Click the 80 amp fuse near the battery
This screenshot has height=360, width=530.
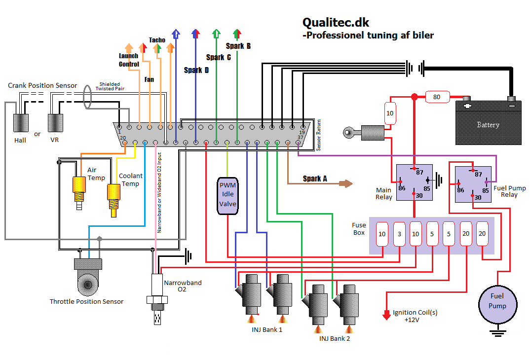436,97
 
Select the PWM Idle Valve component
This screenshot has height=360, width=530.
228,196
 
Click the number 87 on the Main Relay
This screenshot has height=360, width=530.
420,172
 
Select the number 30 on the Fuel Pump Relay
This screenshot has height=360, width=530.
478,197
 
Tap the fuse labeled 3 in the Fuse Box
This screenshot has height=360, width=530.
399,234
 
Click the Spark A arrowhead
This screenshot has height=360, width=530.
348,184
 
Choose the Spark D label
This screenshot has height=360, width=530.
196,70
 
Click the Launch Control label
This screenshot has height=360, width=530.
129,60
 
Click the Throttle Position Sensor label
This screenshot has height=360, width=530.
87,301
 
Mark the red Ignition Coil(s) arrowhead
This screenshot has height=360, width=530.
386,315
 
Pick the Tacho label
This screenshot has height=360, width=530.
157,40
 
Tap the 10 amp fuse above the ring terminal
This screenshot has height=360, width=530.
390,113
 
